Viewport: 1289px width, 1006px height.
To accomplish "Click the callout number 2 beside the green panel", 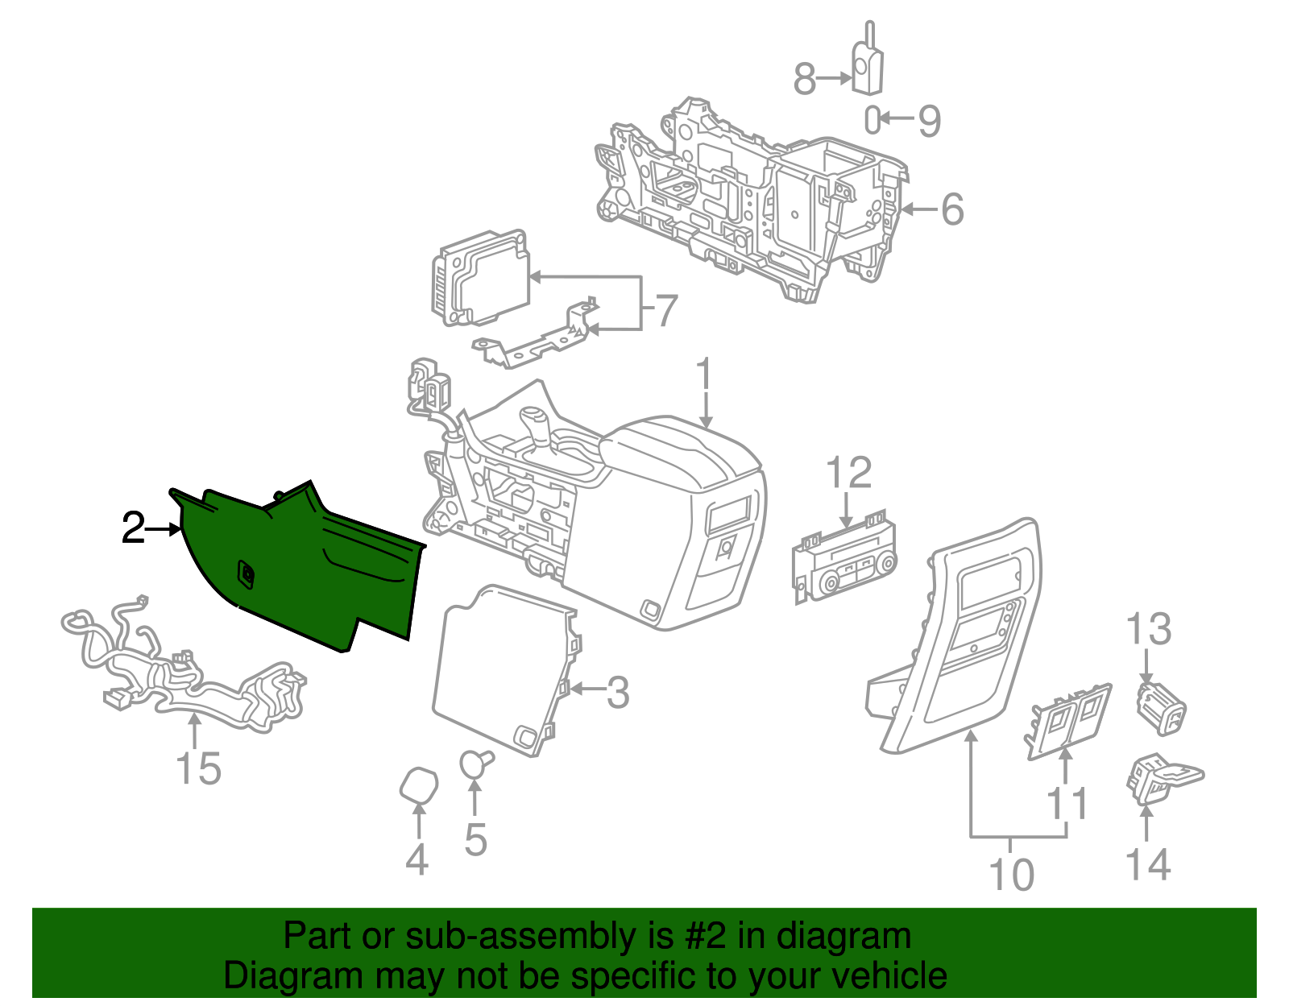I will click(133, 529).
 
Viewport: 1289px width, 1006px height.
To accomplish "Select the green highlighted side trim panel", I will click(306, 572).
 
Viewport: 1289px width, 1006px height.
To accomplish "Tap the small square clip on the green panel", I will click(247, 573).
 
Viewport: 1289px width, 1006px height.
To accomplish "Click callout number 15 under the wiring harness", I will click(198, 768).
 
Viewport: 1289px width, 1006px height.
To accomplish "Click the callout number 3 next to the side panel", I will click(617, 692).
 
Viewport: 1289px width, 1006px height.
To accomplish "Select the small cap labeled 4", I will click(420, 785).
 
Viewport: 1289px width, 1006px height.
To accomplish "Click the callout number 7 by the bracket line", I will click(665, 311).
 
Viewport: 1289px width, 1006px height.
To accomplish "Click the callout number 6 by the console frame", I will click(951, 209).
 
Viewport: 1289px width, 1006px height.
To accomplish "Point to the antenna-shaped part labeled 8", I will click(868, 66).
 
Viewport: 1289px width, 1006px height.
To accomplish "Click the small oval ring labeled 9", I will click(872, 120).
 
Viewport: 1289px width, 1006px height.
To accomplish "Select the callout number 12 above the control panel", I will click(849, 473).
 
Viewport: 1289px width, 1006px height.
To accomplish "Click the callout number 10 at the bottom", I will click(1010, 875).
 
